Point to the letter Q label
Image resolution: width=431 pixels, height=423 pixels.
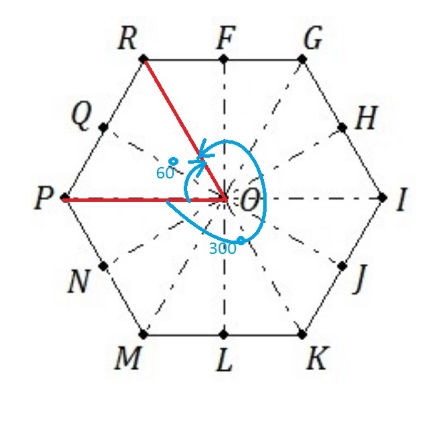(81, 118)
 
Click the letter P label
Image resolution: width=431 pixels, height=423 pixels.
(43, 200)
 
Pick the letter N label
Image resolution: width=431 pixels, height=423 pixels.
(80, 283)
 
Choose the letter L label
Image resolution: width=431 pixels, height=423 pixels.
(225, 362)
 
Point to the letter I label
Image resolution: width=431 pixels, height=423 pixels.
(401, 200)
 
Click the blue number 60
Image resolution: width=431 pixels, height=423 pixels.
(165, 172)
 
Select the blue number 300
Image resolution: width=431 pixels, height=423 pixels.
(223, 249)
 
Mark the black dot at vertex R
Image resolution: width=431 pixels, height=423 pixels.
(144, 59)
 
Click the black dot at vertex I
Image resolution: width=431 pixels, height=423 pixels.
(383, 198)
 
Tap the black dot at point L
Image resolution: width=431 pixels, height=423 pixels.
(224, 334)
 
